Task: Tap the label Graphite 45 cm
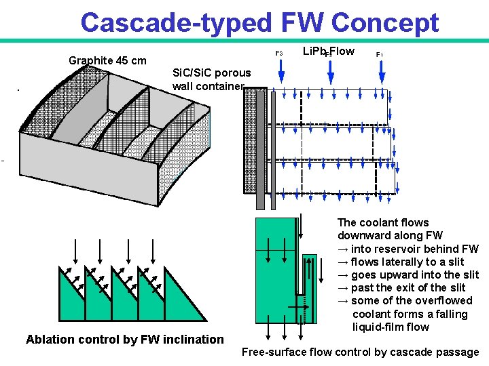point(107,60)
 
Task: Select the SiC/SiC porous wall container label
point(211,79)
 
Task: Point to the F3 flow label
point(278,53)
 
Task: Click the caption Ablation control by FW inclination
point(124,340)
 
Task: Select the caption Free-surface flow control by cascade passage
point(360,352)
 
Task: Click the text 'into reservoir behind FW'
point(414,249)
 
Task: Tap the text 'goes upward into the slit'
point(414,274)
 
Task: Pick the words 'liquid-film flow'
point(391,327)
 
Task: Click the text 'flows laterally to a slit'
point(407,262)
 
